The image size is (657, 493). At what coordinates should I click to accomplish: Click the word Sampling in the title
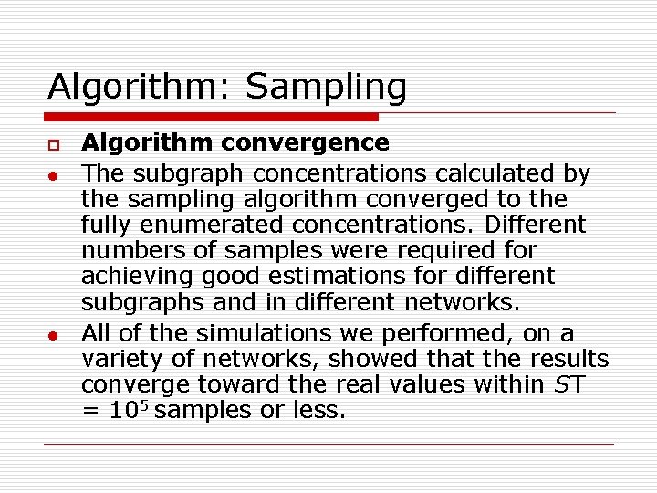(x=326, y=88)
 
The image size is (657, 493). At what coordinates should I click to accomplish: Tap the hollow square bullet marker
(x=55, y=144)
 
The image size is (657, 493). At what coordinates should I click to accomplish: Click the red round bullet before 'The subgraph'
(x=55, y=174)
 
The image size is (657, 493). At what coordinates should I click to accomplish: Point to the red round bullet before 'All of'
(x=55, y=334)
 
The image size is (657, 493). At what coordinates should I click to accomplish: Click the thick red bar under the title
(x=212, y=117)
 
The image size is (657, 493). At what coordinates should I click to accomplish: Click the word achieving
(x=132, y=276)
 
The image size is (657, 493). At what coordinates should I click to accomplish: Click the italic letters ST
(x=568, y=385)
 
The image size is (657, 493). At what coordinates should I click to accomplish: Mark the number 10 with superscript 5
(x=127, y=410)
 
